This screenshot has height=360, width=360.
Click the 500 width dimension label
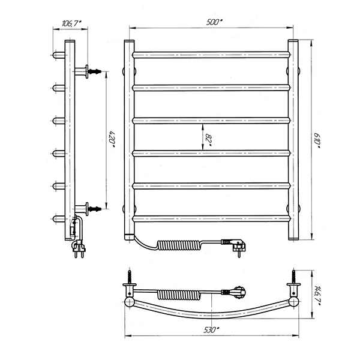214,22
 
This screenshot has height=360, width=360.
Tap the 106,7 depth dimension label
71,23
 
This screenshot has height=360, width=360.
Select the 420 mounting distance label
112,139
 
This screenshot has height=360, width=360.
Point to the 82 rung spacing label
208,140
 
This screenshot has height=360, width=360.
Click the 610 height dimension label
317,140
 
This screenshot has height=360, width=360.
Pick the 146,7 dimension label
317,296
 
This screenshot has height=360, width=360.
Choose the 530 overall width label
211,330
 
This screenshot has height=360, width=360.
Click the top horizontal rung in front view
211,55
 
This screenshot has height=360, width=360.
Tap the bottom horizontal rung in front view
211,218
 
